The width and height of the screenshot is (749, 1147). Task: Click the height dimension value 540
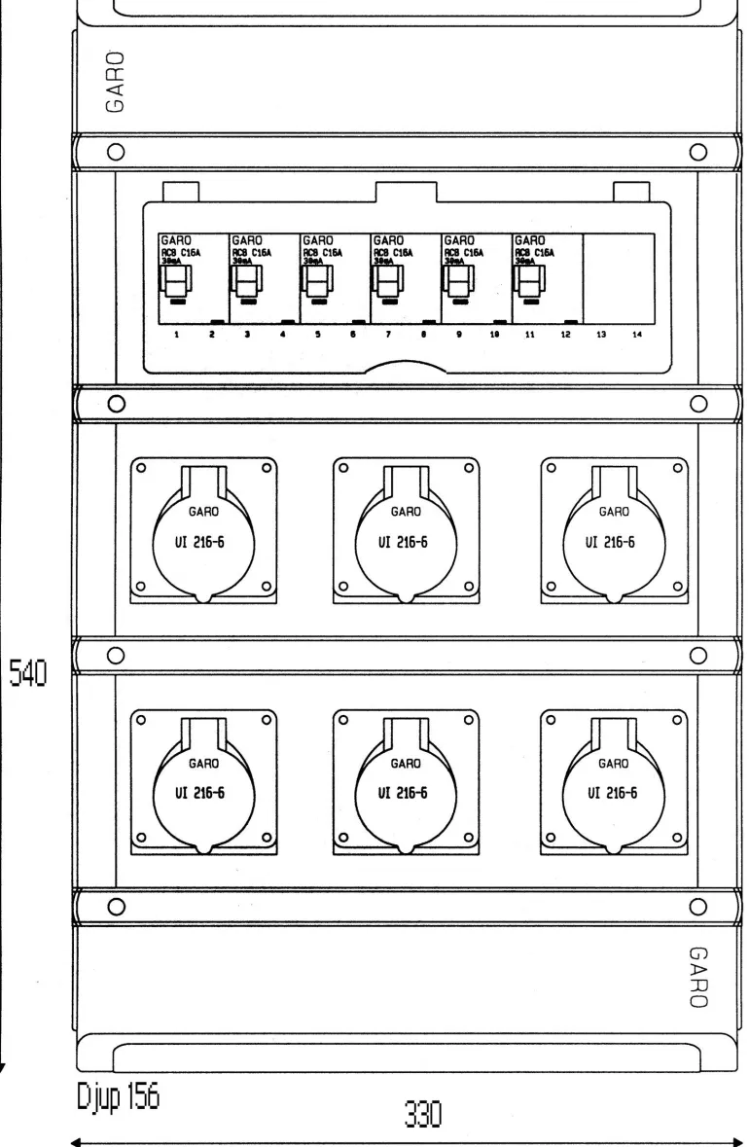pos(30,669)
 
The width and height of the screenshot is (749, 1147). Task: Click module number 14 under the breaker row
pos(636,334)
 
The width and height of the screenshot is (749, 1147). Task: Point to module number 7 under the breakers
pos(389,334)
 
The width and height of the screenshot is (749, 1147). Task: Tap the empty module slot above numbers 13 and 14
pos(618,277)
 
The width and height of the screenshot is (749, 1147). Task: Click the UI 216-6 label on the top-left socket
pos(205,542)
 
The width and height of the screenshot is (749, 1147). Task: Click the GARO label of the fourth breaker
pos(389,237)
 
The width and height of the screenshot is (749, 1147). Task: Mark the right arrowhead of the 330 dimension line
pos(737,1142)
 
